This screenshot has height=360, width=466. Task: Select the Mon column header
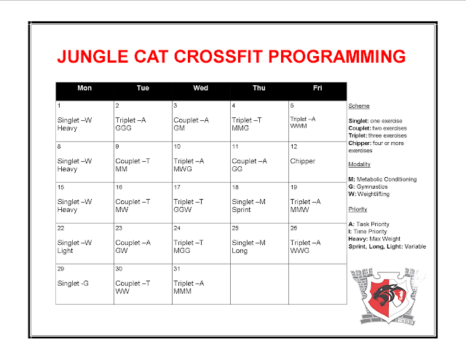[84, 88]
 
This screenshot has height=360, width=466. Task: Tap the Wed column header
[200, 88]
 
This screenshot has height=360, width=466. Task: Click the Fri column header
[317, 88]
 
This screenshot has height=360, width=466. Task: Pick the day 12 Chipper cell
[304, 160]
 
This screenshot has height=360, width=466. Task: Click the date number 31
[177, 270]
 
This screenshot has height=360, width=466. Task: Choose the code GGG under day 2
[124, 128]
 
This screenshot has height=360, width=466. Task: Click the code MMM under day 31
[183, 291]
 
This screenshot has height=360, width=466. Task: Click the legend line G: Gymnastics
[375, 187]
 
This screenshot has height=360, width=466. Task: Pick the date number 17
[177, 187]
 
